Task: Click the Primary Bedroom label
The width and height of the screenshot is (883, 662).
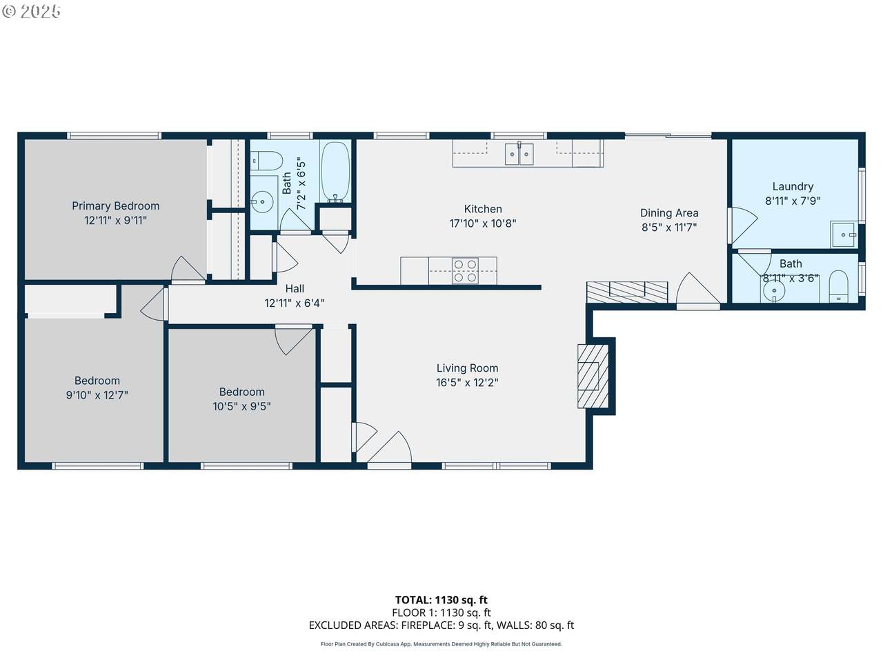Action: click(x=115, y=205)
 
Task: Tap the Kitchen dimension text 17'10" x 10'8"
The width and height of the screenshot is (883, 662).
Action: click(x=483, y=223)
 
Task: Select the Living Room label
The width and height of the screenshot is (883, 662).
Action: click(x=468, y=368)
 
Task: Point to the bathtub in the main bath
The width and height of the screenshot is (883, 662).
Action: click(x=335, y=171)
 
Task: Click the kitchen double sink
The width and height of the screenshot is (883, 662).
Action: click(x=519, y=154)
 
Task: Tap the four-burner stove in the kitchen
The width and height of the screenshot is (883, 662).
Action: click(x=466, y=270)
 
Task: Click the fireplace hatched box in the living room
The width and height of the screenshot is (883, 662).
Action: click(x=593, y=377)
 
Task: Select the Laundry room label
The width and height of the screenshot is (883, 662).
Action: click(x=793, y=186)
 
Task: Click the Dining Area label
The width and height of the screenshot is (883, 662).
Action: click(x=669, y=213)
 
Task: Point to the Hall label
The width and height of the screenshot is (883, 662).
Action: click(x=295, y=289)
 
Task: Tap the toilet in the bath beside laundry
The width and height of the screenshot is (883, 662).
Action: click(x=839, y=285)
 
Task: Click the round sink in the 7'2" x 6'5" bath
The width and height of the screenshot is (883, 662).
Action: click(x=262, y=202)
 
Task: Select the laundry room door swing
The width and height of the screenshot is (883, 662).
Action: click(x=742, y=225)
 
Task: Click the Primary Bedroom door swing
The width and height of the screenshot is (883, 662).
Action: click(x=188, y=270)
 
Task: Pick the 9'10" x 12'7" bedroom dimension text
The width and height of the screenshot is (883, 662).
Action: click(x=97, y=395)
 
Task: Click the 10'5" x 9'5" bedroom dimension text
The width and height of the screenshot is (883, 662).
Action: click(x=241, y=406)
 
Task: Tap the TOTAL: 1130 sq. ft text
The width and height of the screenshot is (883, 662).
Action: click(x=441, y=600)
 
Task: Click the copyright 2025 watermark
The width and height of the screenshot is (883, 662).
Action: click(x=31, y=11)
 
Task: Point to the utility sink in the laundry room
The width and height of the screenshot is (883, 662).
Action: click(x=844, y=234)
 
